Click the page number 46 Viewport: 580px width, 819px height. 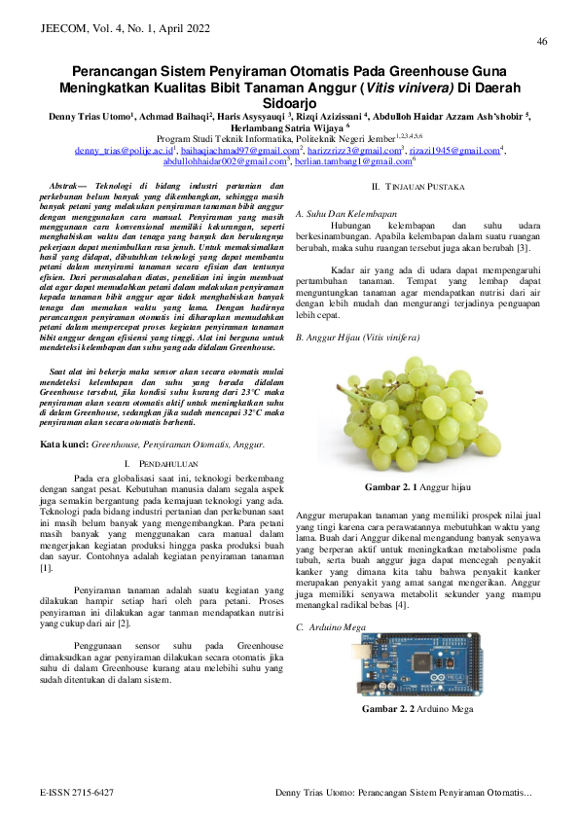pyautogui.click(x=541, y=41)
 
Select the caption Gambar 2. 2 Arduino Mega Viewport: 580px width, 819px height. pyautogui.click(x=417, y=709)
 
